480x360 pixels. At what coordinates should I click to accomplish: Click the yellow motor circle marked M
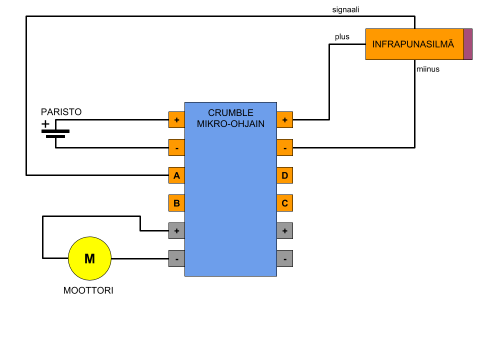coord(89,258)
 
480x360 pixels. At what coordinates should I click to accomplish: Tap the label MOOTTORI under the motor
coord(88,290)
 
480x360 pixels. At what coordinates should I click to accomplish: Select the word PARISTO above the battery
coord(61,112)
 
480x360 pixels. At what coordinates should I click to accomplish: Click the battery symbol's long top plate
coord(55,131)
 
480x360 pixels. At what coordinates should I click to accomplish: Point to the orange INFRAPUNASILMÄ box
coord(414,44)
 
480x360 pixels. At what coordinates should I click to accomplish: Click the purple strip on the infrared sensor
coord(468,44)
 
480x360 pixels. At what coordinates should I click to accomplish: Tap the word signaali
coord(345,9)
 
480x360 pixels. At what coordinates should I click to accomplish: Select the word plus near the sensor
coord(342,37)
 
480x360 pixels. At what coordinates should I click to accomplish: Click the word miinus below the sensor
coord(428,69)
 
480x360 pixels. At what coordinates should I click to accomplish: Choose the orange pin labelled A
coord(176,175)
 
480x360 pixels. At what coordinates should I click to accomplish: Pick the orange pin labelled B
coord(176,203)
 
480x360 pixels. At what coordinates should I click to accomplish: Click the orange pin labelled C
coord(284,203)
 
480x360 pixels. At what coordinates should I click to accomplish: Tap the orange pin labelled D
coord(284,175)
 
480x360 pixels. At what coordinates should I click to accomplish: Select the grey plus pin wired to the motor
coord(176,230)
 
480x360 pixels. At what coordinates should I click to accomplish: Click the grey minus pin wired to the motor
coord(176,258)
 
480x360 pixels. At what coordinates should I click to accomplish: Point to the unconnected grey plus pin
coord(284,230)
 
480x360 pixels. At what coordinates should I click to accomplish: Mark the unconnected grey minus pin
coord(284,258)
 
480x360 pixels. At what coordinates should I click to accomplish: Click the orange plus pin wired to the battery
coord(176,120)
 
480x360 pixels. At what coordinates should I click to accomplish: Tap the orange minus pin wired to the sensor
coord(284,147)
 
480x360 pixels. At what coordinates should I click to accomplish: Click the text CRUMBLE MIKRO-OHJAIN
coord(230,118)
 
